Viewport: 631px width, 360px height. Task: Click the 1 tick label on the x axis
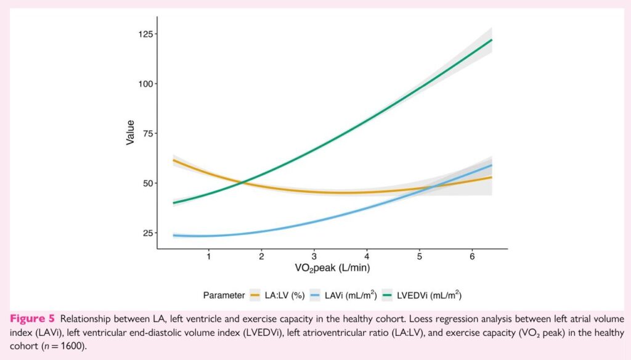pos(209,256)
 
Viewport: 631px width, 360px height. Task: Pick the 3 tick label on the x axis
pos(314,256)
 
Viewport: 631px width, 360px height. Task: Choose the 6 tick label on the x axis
pos(472,256)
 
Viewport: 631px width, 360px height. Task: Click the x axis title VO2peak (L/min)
pos(332,268)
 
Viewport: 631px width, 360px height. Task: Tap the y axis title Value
pos(130,133)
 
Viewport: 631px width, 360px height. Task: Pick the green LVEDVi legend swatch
pos(389,295)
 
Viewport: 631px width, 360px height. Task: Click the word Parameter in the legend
pos(224,295)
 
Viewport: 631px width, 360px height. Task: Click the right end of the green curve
pos(491,40)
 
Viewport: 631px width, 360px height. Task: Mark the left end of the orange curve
pos(174,160)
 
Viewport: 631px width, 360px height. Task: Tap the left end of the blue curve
pos(174,235)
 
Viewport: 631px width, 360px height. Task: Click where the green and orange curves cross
pos(243,181)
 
